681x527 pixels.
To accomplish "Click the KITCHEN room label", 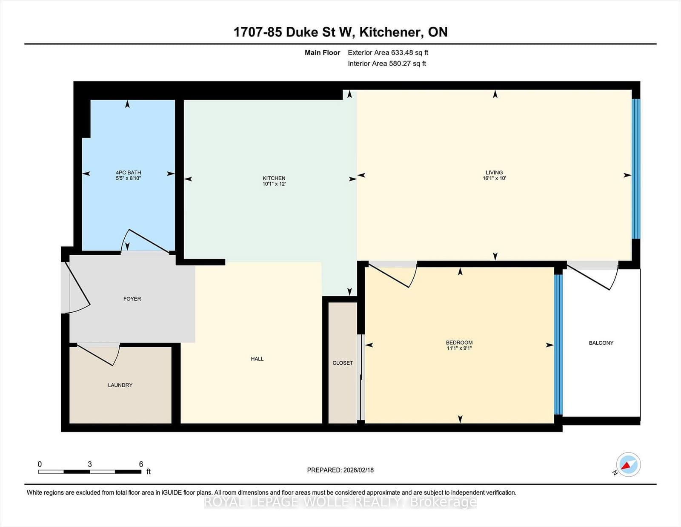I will (274, 178).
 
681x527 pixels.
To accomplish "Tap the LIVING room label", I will (494, 173).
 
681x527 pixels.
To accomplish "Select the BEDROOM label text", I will (459, 343).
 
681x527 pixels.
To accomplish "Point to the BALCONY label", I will (601, 343).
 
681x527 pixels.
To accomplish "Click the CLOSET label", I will (343, 363).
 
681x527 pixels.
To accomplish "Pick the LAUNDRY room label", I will (120, 385).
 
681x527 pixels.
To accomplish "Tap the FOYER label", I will (132, 299).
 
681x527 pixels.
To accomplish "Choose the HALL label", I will (257, 359).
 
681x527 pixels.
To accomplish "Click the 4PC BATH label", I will (128, 173).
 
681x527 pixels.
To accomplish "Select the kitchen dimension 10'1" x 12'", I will (274, 184).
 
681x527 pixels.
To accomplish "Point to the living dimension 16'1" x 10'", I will (494, 179).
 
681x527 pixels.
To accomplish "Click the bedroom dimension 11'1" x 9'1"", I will (459, 348).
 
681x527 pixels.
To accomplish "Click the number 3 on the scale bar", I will (90, 464).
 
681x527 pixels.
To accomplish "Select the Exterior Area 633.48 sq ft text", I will (388, 53).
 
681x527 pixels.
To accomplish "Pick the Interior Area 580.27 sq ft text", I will (386, 63).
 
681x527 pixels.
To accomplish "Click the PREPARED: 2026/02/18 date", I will (340, 470).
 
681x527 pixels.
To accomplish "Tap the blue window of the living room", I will (636, 169).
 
